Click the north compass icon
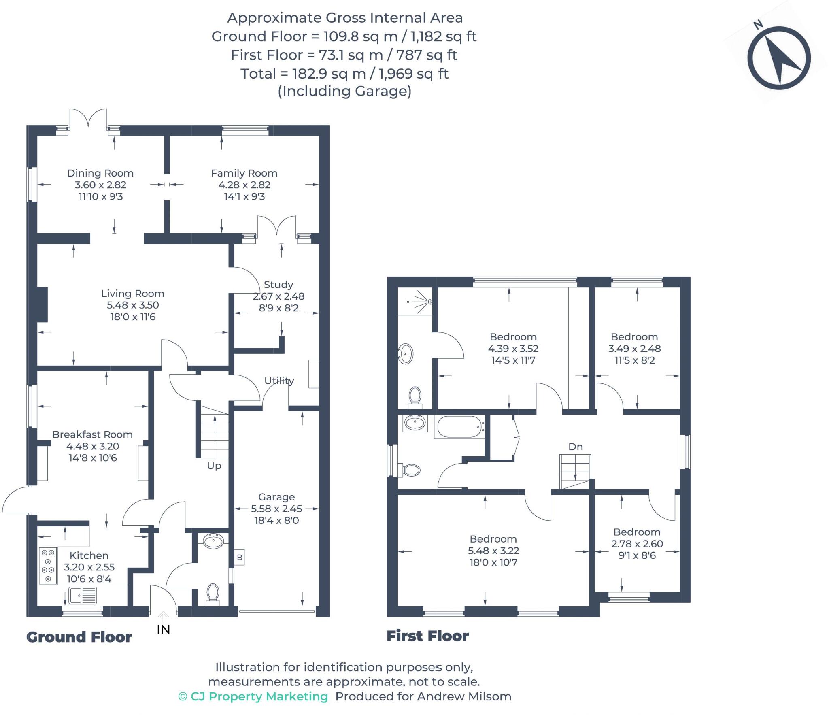pos(778,58)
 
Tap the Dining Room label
pos(100,173)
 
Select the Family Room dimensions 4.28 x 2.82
pos(244,185)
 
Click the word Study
pos(278,285)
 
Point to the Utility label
pos(279,381)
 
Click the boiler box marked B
pos(239,558)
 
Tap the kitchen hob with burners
pos(48,566)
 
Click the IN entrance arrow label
pos(163,629)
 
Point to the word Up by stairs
pos(214,466)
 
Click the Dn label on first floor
pos(575,447)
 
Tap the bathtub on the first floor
pos(459,427)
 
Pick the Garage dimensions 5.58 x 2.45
pos(276,509)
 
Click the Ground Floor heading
pos(79,637)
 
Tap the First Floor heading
pos(427,636)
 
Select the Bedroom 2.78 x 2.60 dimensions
pos(637,544)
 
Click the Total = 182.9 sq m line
pos(344,74)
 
